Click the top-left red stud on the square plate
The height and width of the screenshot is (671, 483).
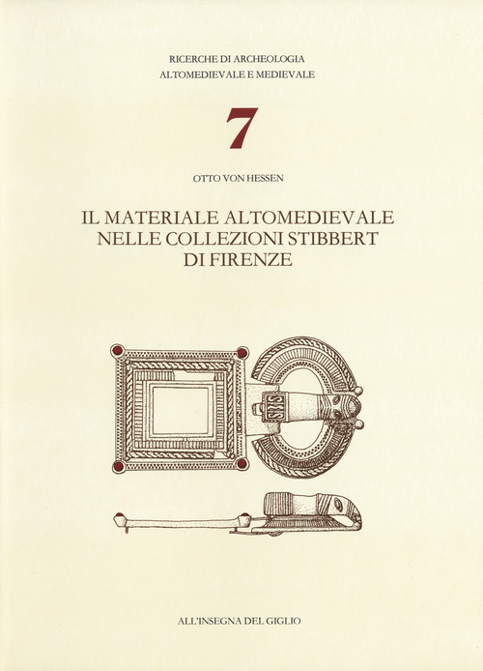click(117, 350)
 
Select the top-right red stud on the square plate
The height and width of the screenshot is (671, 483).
click(241, 352)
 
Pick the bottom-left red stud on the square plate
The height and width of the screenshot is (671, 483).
click(118, 466)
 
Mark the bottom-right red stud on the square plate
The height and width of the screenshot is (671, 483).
click(241, 464)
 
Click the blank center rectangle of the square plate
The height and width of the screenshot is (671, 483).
click(180, 409)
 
